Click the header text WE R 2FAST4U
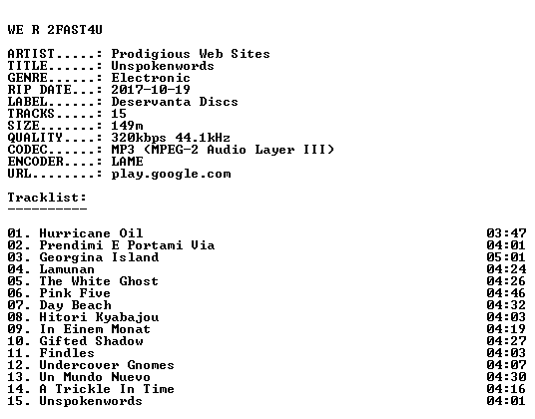pyautogui.click(x=55, y=30)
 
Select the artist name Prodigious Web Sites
pyautogui.click(x=191, y=54)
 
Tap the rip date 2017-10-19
pyautogui.click(x=151, y=90)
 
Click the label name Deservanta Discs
pyautogui.click(x=175, y=102)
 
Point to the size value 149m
pyautogui.click(x=127, y=126)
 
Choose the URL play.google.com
pyautogui.click(x=171, y=175)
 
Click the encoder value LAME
pyautogui.click(x=127, y=162)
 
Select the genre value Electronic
pyautogui.click(x=151, y=78)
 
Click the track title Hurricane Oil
pyautogui.click(x=91, y=233)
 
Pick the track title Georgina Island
pyautogui.click(x=99, y=257)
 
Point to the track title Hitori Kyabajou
pyautogui.click(x=99, y=317)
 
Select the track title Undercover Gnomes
pyautogui.click(x=107, y=365)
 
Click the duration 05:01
pyautogui.click(x=506, y=257)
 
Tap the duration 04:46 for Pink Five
pyautogui.click(x=506, y=293)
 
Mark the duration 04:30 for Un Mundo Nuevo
pyautogui.click(x=506, y=377)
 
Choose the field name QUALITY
pyautogui.click(x=35, y=138)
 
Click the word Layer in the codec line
pyautogui.click(x=274, y=150)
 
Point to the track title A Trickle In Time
pyautogui.click(x=107, y=389)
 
